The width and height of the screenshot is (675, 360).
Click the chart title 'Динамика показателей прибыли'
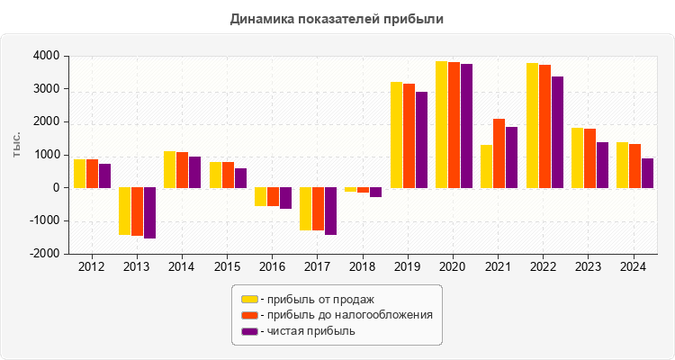(x=337, y=18)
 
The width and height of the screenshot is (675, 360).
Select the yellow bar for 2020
(x=441, y=124)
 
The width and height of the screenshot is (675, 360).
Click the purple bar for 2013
(x=149, y=213)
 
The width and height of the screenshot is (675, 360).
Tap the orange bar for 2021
(x=499, y=153)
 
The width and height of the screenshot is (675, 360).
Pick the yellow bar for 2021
(x=486, y=166)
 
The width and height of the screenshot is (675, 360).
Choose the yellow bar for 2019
(x=396, y=135)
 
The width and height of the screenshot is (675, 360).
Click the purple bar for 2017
(x=330, y=211)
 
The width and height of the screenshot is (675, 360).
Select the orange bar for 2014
(x=182, y=170)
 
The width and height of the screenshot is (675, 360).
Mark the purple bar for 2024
(x=647, y=174)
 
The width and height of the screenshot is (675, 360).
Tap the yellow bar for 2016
(x=260, y=197)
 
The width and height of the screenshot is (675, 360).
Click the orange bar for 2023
(x=589, y=158)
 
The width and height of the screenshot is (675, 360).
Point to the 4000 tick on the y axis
(x=47, y=57)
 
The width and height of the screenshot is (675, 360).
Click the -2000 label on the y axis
(x=45, y=254)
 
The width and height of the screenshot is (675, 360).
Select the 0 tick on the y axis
(x=55, y=188)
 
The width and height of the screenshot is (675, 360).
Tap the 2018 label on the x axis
(x=363, y=267)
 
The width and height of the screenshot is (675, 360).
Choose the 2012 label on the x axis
(x=92, y=267)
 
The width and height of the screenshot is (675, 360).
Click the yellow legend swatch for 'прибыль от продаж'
(x=249, y=299)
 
